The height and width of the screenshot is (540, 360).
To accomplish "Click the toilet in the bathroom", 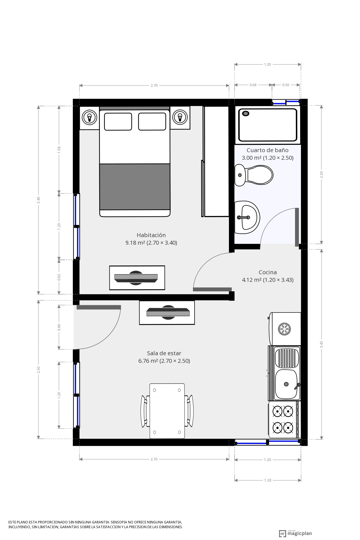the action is pos(254,175).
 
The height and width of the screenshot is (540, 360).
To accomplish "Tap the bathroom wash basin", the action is pos(247,217).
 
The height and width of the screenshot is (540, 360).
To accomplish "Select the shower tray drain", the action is pos(246,114).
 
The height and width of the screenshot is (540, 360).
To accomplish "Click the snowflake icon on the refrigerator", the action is pos(284,329).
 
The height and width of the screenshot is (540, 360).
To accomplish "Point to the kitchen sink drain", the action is pos(286,384).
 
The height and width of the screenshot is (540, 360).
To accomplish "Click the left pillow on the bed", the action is pos(118,121).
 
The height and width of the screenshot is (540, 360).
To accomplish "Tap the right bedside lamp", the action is pos(180,116).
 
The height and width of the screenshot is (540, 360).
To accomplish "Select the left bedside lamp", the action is pos(89,116).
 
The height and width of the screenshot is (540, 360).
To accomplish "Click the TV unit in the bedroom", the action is pos(137,278).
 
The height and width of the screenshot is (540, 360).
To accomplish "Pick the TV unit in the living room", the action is pos(167,312).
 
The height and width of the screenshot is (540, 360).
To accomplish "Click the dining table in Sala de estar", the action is pos(167,411).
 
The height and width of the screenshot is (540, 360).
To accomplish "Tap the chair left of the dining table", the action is pos(145,411).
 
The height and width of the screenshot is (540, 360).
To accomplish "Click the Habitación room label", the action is pos(151,235).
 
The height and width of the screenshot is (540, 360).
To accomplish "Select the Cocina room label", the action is pos(268,272).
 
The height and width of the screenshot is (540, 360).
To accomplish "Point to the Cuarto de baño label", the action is pos(267,150).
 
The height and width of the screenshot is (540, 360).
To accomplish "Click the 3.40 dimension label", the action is pos(39,200).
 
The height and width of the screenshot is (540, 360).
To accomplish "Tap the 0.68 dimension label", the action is pos(253,85).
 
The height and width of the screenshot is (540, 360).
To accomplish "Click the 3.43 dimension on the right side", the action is pos(321,344).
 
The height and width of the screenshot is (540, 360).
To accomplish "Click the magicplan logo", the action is pos(296,533).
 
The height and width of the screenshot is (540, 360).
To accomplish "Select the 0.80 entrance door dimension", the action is pos(59,327).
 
